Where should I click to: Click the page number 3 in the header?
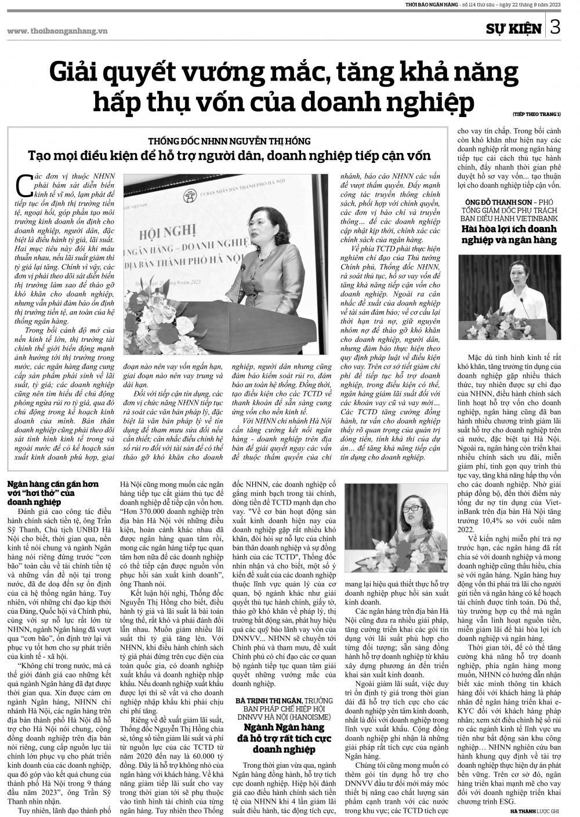pyautogui.click(x=555, y=27)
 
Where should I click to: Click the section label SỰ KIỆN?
pyautogui.click(x=514, y=28)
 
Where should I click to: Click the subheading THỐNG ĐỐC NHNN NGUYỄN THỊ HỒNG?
pyautogui.click(x=229, y=141)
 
